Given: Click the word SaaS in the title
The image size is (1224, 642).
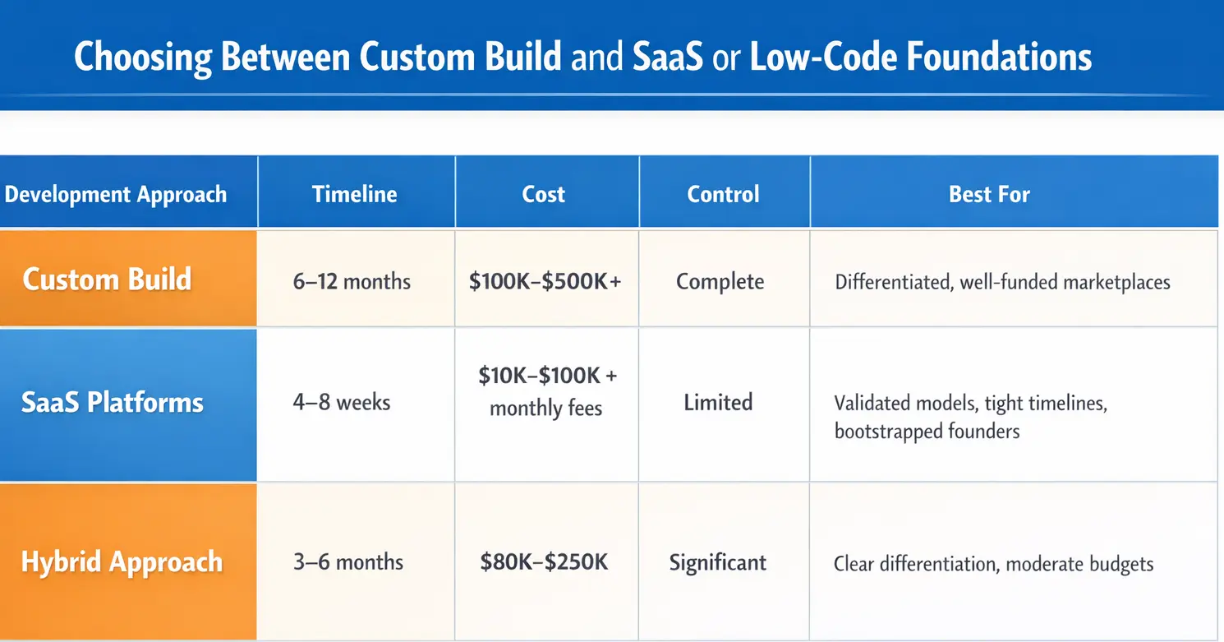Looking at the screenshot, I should [x=668, y=57].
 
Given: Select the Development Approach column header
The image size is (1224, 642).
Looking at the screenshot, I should [x=116, y=194].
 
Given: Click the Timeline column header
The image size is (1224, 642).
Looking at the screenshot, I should [x=355, y=194].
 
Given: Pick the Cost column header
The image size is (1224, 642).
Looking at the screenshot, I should [x=544, y=194].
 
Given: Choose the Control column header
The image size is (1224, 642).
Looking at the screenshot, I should [x=723, y=194].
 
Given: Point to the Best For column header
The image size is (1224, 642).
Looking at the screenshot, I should [x=989, y=194].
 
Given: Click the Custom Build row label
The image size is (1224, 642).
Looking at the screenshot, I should [x=108, y=279].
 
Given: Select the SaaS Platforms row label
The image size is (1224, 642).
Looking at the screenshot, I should [x=113, y=403].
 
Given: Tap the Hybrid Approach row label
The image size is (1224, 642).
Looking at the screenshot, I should [x=122, y=562].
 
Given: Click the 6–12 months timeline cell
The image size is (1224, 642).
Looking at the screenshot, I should [x=352, y=282].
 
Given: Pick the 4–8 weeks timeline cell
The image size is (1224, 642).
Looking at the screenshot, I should [x=342, y=403].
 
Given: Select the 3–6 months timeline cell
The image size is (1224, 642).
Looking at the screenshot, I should [x=348, y=562].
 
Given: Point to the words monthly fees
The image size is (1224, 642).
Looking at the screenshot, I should [x=545, y=409].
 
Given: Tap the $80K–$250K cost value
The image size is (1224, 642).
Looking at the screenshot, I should [x=544, y=562].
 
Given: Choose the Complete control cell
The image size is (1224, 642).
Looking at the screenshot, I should [x=720, y=282].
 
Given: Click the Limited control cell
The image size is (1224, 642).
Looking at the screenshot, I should [x=719, y=403].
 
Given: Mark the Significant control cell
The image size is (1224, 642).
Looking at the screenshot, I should [x=718, y=562].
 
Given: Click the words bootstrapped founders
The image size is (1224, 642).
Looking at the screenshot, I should [x=927, y=431].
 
